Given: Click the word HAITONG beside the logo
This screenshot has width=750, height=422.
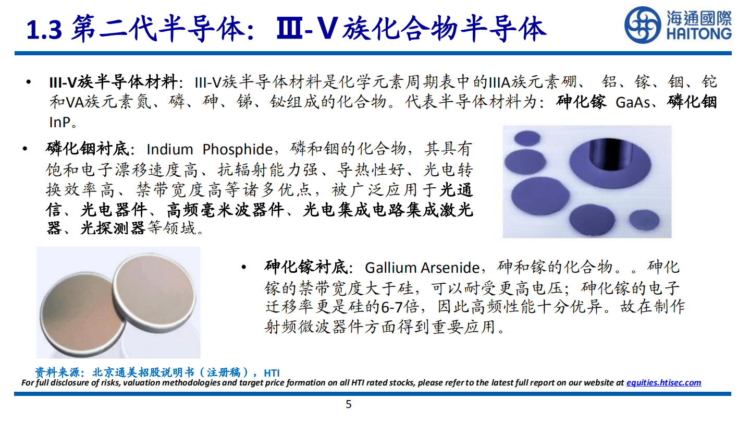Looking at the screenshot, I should tap(698, 34).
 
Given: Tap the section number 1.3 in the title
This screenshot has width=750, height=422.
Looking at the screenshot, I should tap(44, 30).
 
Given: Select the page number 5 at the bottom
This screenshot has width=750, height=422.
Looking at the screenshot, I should tap(349, 404).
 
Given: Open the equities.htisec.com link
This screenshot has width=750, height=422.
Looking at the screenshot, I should tap(663, 382).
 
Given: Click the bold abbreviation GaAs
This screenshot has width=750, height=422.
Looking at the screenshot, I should tap(633, 102).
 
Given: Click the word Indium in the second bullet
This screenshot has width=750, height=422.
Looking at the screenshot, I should tap(169, 149).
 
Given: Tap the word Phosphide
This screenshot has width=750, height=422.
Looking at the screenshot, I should tap(237, 149).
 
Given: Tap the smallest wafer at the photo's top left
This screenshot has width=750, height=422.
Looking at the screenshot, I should tap(527, 138).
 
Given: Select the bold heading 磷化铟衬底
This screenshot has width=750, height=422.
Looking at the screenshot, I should tap(87, 149).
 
